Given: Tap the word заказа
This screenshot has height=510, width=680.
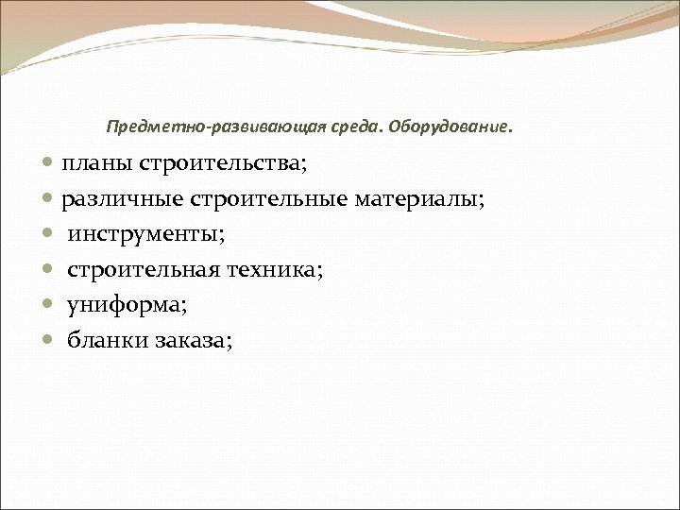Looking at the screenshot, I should tap(190, 341).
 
